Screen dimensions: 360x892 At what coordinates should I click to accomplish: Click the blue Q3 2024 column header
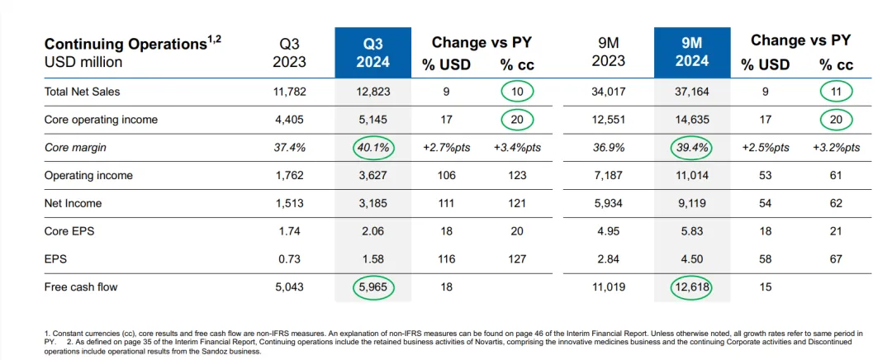click(x=373, y=51)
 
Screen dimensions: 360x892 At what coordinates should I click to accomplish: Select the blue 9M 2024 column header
click(x=692, y=51)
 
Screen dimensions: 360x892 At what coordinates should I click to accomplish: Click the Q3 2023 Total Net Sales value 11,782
click(x=289, y=91)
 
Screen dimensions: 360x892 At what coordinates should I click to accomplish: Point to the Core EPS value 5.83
click(x=692, y=231)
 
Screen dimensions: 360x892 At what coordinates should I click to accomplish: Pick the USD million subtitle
click(x=83, y=62)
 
